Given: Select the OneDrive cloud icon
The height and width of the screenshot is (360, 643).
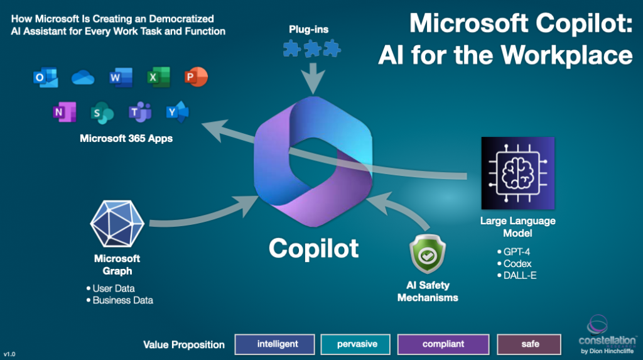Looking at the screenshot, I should point(83,77).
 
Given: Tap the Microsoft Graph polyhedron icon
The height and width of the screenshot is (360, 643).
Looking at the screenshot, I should point(117,226).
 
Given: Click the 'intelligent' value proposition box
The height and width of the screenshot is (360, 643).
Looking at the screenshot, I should point(275,344).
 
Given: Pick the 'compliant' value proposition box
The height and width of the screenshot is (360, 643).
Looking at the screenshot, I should point(443,344).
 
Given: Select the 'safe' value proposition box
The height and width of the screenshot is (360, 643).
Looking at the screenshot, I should point(530,344).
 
